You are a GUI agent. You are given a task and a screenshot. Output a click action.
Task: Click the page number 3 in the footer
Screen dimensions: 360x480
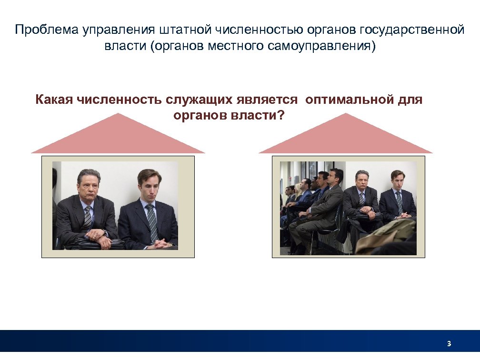[x=449, y=344]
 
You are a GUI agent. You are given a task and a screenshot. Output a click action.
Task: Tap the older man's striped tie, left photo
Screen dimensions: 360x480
[x=88, y=217]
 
